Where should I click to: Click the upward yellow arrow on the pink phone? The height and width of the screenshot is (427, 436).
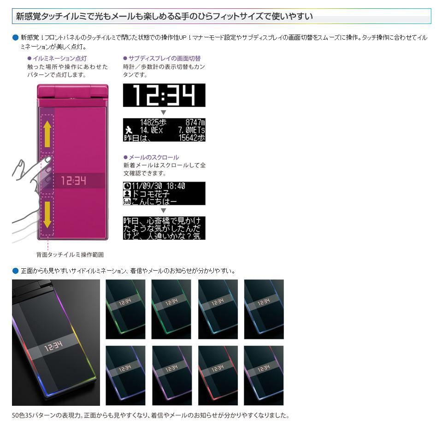(47, 134)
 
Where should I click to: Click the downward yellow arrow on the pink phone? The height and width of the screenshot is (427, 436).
(47, 215)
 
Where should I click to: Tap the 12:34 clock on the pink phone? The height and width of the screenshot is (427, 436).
(74, 181)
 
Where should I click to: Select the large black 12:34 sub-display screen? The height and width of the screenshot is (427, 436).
(164, 95)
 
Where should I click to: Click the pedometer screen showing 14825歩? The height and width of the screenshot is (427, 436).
(164, 130)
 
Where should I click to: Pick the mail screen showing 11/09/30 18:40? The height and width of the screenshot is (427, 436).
(164, 194)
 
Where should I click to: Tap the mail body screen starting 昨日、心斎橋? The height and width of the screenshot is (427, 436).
(164, 228)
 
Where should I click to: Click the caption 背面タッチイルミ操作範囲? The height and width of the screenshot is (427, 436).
(70, 255)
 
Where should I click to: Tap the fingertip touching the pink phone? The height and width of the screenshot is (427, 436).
(47, 160)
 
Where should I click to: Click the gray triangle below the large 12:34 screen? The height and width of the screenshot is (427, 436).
(164, 113)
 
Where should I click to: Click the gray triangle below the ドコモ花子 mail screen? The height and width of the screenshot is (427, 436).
(164, 211)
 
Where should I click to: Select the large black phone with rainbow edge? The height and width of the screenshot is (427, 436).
(56, 343)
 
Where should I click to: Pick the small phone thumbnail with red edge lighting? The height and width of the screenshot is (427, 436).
(218, 375)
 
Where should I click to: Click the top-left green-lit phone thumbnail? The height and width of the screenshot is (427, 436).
(125, 309)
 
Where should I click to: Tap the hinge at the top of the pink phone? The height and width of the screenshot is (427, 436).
(72, 91)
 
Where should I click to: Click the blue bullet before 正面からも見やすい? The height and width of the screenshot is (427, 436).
(16, 271)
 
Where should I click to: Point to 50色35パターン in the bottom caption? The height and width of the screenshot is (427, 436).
(34, 415)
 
